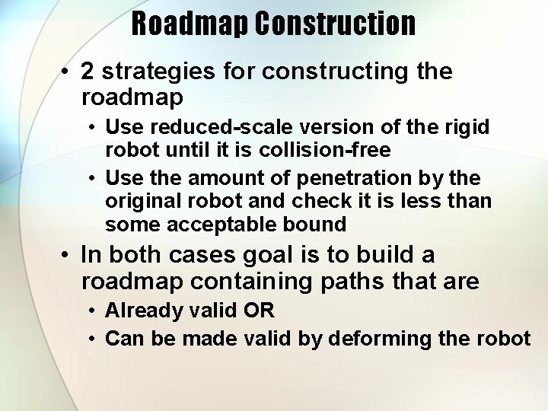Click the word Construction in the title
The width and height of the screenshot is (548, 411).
pos(335,24)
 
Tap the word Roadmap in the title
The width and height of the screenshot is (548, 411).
pos(190,24)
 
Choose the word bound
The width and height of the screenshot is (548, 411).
pos(321,225)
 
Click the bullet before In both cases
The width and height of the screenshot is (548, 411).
pos(67,255)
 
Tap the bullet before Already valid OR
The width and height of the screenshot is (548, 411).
pos(91,311)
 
